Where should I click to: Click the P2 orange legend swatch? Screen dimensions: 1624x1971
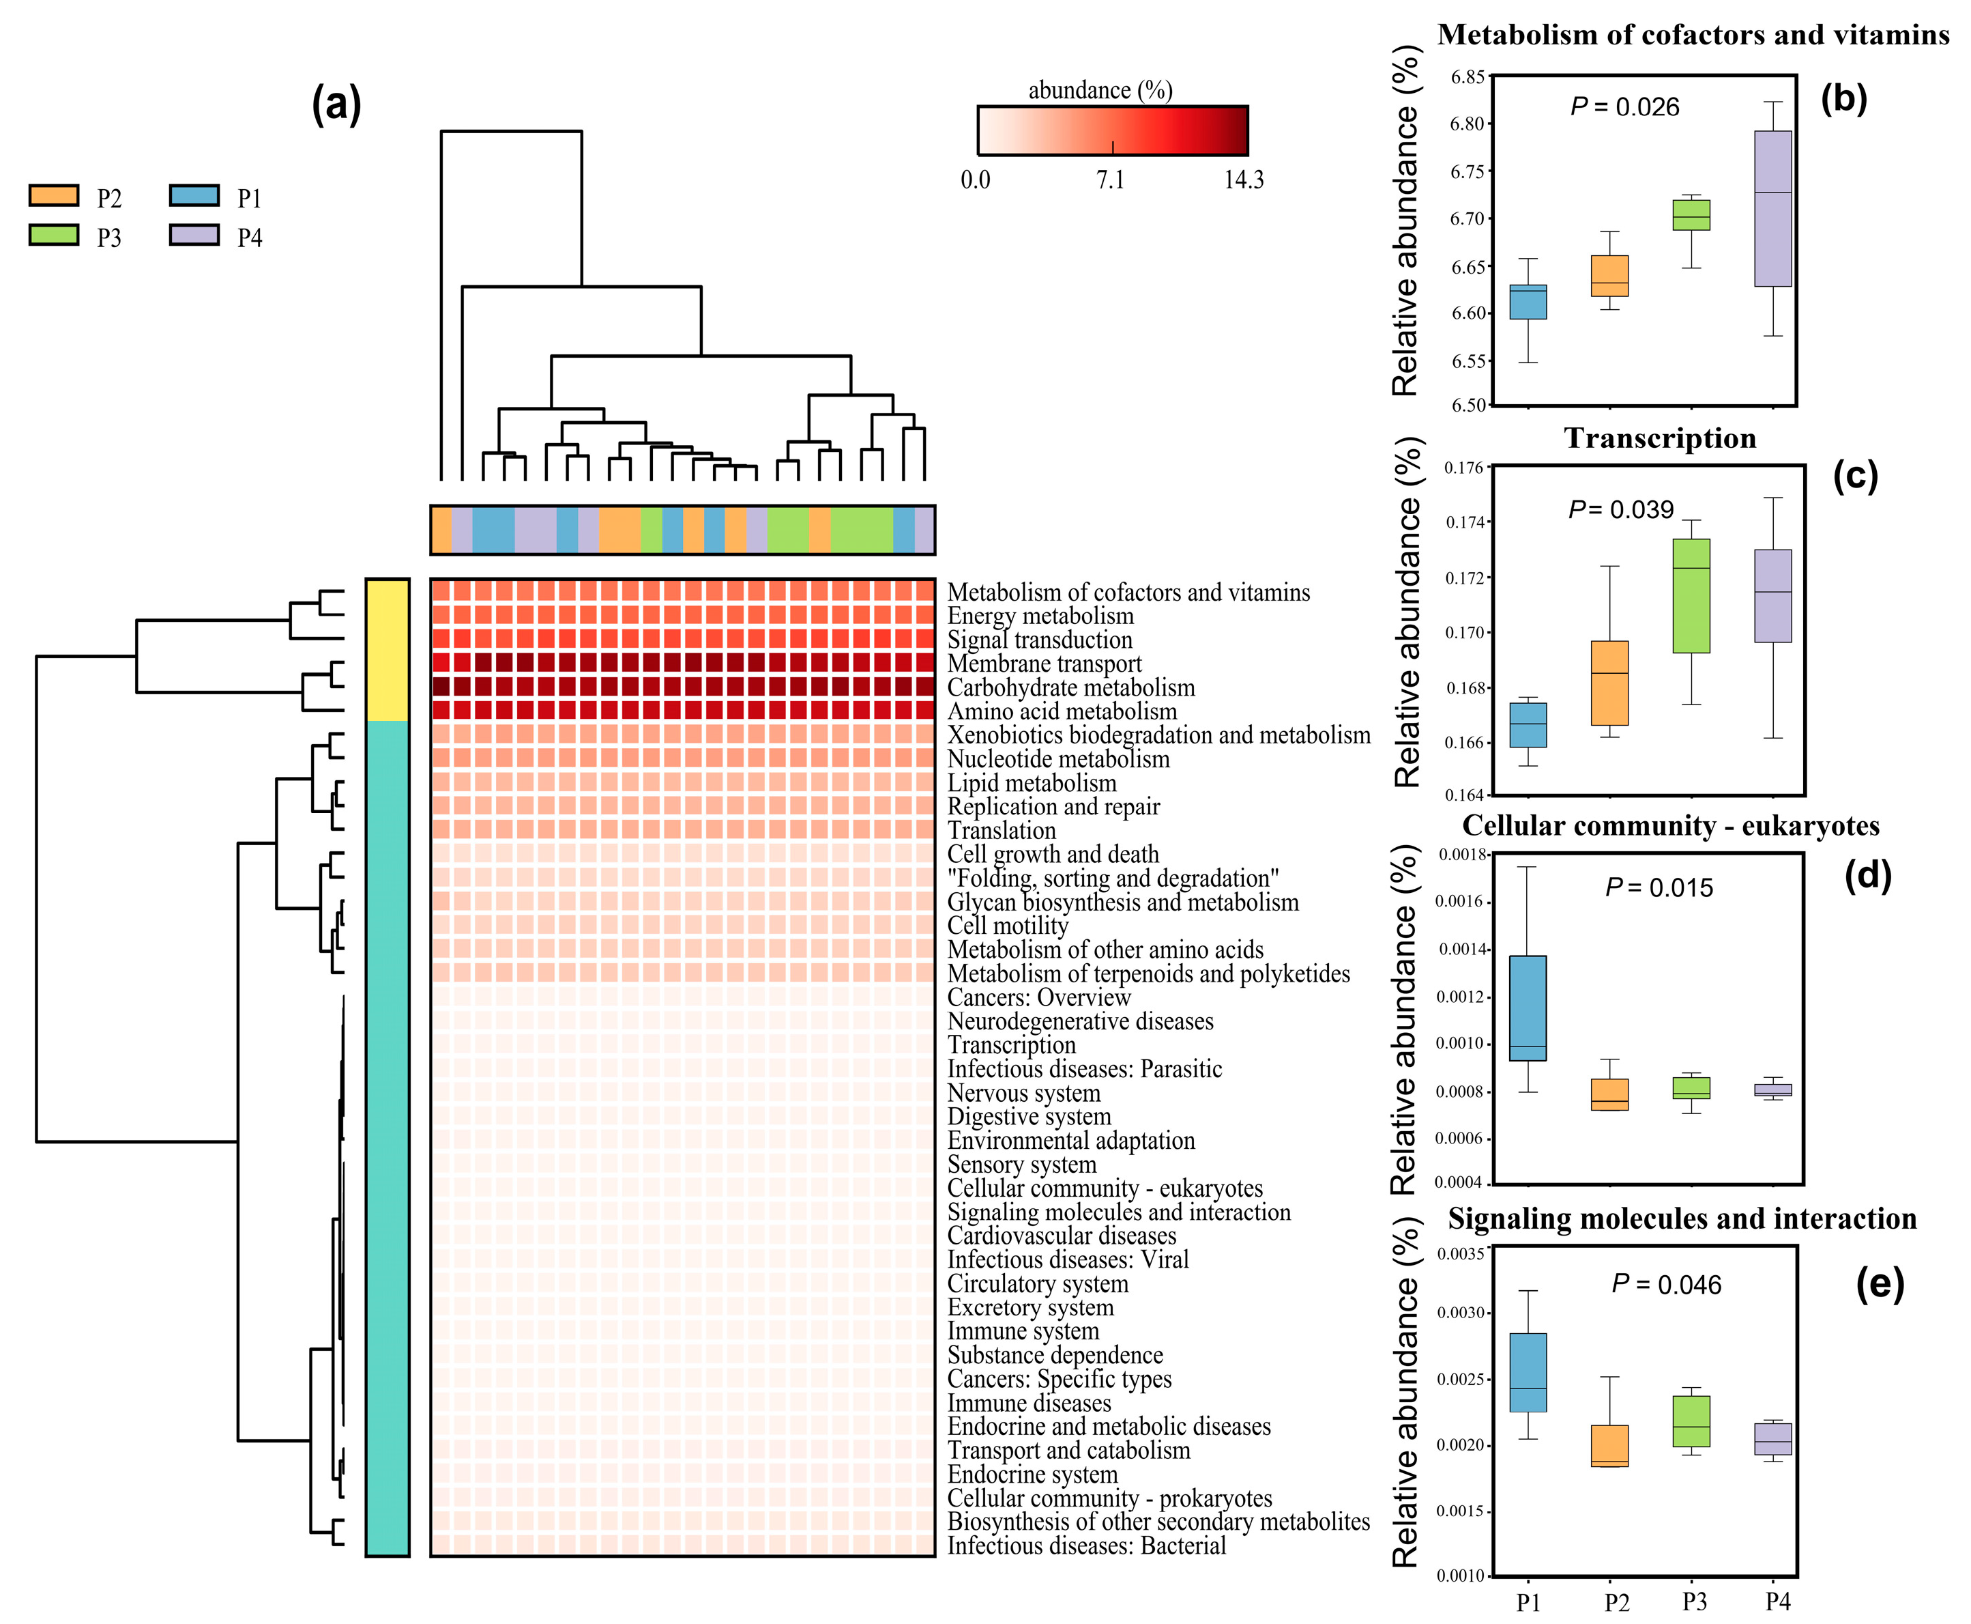[53, 195]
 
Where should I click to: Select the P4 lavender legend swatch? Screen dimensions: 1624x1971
[194, 235]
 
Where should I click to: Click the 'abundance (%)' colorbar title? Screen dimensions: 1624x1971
[1100, 90]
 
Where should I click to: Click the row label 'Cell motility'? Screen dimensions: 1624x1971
[1007, 925]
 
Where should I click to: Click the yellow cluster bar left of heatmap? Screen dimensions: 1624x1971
[387, 649]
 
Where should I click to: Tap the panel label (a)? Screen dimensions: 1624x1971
[336, 104]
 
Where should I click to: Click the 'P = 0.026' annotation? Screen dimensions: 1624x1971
[1624, 106]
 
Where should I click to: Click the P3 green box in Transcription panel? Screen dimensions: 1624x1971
[1691, 595]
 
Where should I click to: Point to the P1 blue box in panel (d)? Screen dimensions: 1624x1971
[1528, 1008]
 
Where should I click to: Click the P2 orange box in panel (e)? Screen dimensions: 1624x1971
[1609, 1445]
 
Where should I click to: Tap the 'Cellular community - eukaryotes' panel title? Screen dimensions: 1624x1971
[1670, 825]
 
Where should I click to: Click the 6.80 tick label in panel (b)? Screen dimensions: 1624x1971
[1466, 124]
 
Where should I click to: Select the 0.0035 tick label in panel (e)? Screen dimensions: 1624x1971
[1459, 1253]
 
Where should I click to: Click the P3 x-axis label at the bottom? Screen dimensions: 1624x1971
[1693, 1602]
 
